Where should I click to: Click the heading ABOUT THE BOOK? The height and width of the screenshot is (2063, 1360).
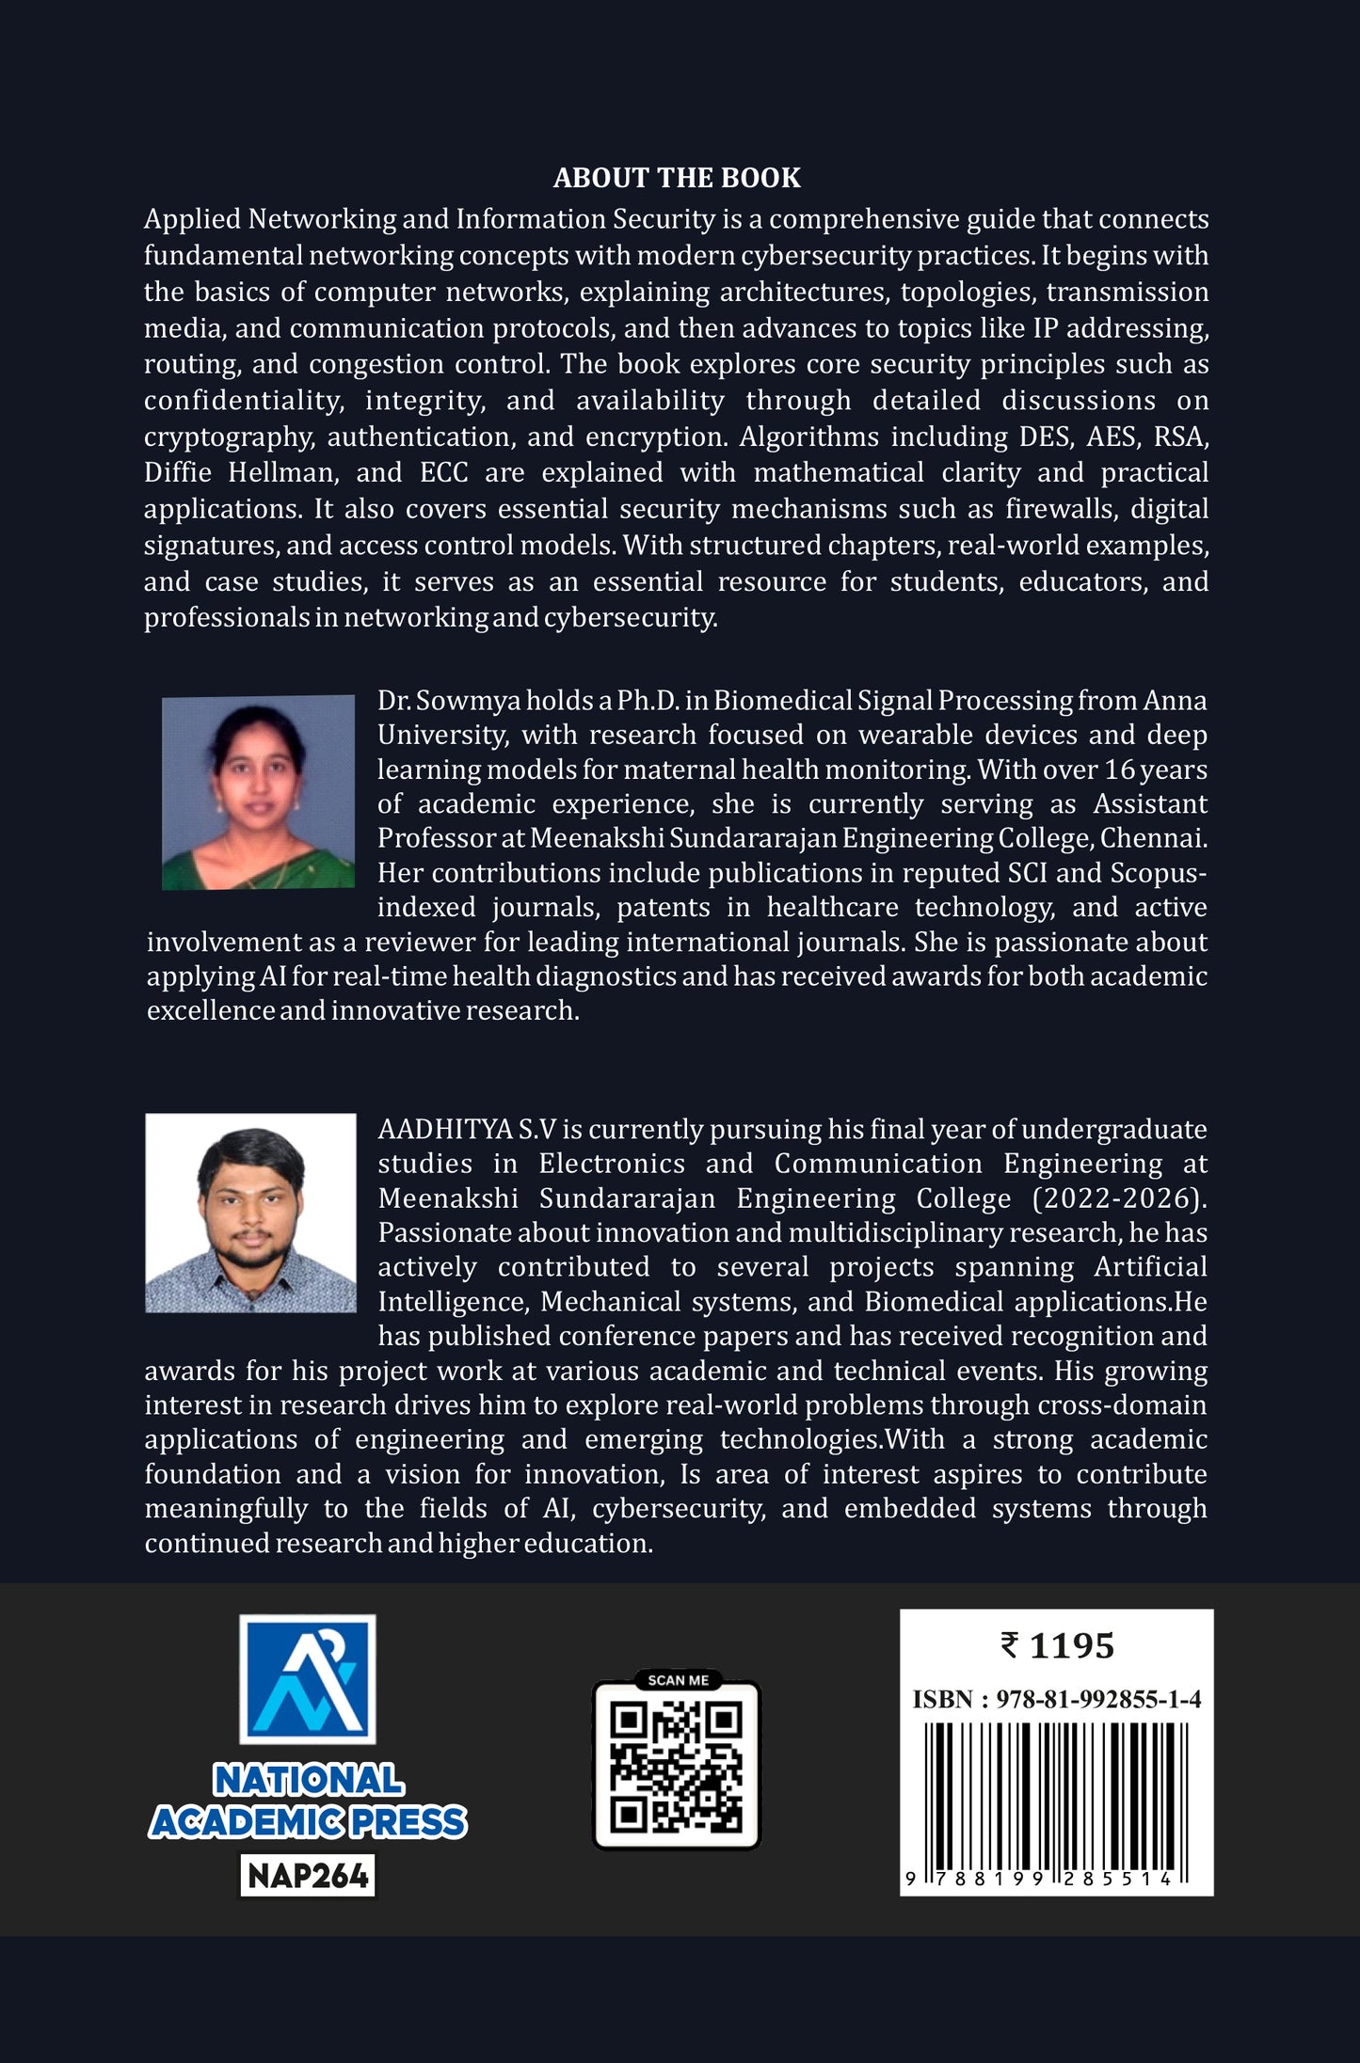(677, 178)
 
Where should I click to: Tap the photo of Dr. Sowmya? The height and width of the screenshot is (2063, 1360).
(258, 792)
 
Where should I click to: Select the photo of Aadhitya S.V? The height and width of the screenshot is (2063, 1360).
(250, 1213)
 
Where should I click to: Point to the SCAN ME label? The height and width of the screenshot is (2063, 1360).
(678, 1680)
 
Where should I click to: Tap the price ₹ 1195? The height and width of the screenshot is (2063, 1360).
(1057, 1646)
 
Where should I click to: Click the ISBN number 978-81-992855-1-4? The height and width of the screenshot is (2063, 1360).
(1098, 1699)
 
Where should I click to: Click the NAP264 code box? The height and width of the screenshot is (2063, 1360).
(308, 1876)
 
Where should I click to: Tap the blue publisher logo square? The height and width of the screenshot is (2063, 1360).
(308, 1679)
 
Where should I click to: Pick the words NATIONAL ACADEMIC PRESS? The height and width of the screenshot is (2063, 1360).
(308, 1801)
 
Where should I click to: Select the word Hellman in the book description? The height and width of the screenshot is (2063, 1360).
(282, 472)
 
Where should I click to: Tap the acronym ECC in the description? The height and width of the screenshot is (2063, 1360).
(443, 472)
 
